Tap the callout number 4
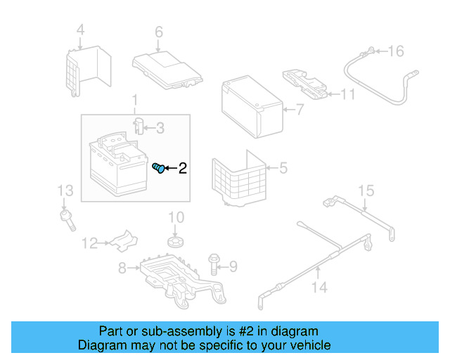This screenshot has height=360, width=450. (80, 30)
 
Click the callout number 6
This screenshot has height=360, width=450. (158, 32)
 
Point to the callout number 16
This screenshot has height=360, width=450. (397, 51)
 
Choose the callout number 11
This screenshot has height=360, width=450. (348, 94)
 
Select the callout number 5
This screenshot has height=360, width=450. (283, 167)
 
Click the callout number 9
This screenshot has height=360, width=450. (233, 266)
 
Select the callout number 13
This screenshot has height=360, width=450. (65, 190)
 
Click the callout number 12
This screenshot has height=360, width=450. (89, 244)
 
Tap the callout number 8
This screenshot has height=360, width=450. (122, 268)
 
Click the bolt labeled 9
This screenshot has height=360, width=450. (214, 264)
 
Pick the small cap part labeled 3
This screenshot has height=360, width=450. (139, 127)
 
